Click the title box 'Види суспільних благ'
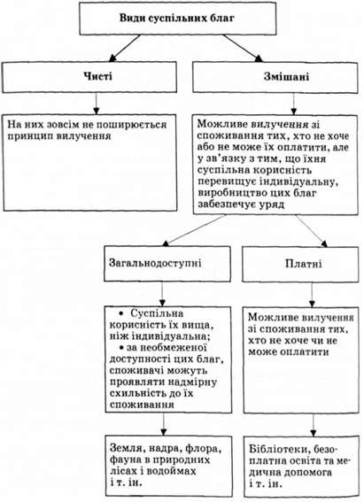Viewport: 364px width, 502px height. point(178,19)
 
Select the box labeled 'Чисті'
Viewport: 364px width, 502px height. point(89,77)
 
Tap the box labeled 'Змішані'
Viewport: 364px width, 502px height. point(275,77)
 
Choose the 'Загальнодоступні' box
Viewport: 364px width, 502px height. point(167,264)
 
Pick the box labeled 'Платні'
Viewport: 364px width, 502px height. point(300,264)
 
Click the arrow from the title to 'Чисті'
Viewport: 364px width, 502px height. point(125,48)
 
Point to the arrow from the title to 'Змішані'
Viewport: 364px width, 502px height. point(243,48)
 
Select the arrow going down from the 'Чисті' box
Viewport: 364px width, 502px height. point(96,104)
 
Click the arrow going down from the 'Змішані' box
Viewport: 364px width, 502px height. point(293,104)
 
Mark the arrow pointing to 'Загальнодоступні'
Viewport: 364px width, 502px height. point(194,230)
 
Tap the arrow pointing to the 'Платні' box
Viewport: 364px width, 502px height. point(312,231)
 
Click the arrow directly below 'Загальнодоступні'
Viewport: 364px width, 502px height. point(162,294)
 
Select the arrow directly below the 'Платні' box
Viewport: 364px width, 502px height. point(312,295)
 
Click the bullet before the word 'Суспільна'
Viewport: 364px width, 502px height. point(120,313)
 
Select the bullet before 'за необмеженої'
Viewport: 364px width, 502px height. point(121,347)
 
